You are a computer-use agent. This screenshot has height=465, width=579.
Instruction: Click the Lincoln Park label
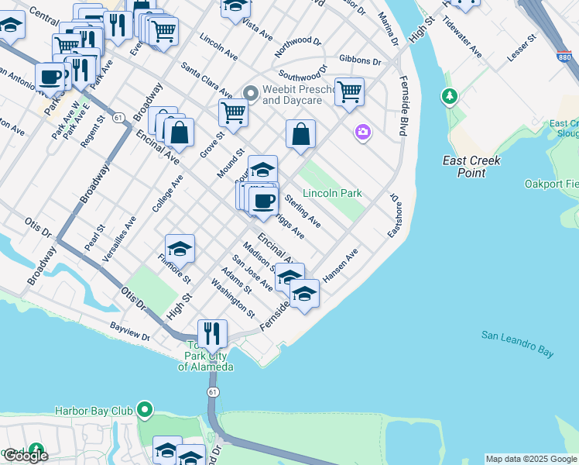332,193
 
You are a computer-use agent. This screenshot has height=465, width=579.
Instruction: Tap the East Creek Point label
471,166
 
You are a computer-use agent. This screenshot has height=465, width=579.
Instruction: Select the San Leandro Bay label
517,344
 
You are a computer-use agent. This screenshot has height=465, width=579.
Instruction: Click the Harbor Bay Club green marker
144,408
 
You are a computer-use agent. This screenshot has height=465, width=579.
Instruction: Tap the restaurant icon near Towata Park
211,334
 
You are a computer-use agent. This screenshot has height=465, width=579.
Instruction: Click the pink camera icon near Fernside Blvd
363,133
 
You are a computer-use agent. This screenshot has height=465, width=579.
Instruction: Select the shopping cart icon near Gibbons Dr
350,91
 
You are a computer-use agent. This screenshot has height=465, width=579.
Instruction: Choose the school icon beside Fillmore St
180,248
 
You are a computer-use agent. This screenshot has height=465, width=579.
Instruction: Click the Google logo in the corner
25,455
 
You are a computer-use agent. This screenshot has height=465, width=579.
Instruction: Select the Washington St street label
232,303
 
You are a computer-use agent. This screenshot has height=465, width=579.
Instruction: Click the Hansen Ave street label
341,265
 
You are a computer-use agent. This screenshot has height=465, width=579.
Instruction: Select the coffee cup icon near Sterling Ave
264,200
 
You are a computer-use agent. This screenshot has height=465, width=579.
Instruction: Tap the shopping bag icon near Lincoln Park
300,133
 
